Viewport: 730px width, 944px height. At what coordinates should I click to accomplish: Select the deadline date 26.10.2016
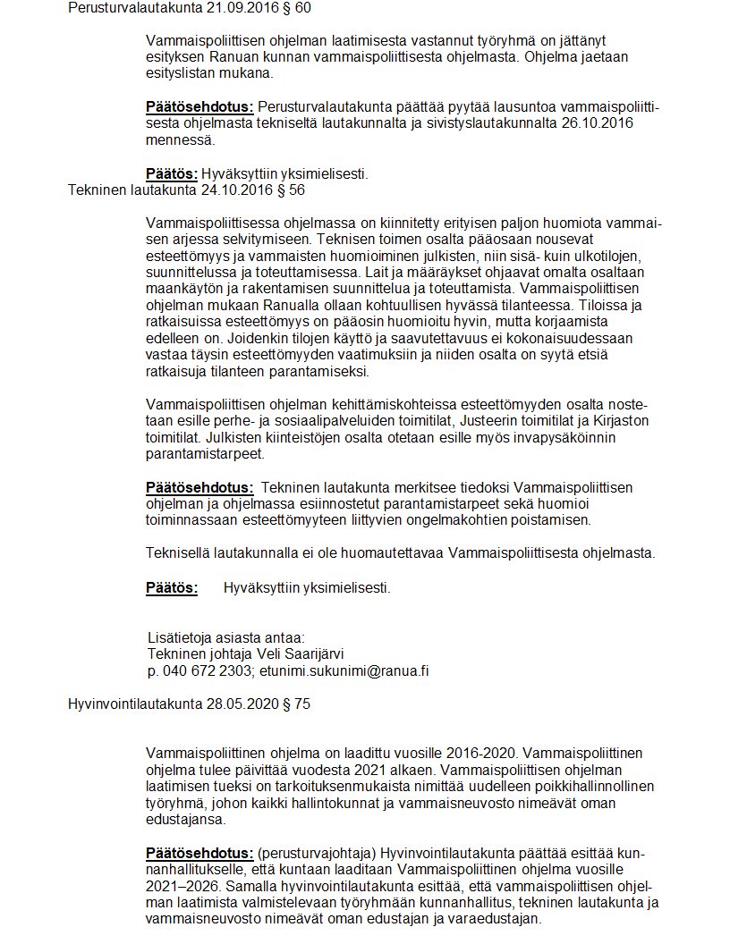[x=601, y=124]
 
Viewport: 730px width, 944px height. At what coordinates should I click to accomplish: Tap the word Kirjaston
[x=617, y=422]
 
